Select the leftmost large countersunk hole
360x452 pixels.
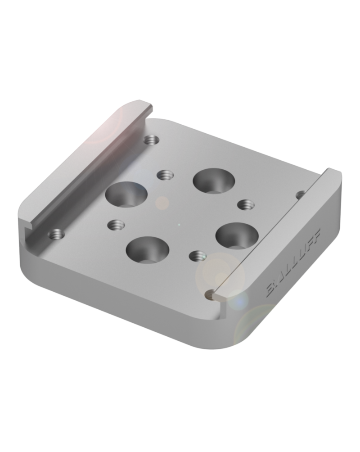pyautogui.click(x=126, y=194)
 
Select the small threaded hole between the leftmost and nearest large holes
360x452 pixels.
pyautogui.click(x=116, y=224)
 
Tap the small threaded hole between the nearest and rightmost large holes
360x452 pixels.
pyautogui.click(x=197, y=256)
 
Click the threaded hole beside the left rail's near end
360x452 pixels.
pyautogui.click(x=56, y=234)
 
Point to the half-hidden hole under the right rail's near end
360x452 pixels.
pyautogui.click(x=210, y=294)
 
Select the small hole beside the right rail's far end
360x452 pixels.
pyautogui.click(x=301, y=194)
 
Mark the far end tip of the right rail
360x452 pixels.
pyautogui.click(x=335, y=172)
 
